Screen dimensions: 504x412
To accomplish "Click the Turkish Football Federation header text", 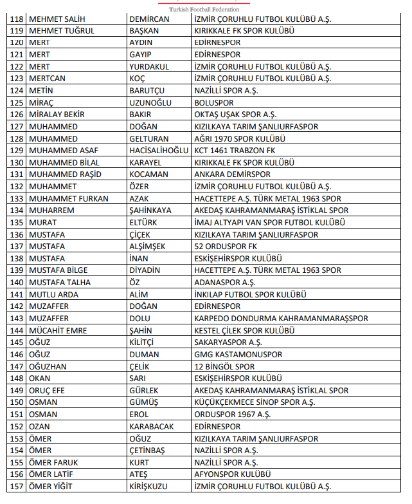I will point(204,10).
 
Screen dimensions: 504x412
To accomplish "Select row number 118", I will point(17,19).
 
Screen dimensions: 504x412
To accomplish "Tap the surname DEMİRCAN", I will point(149,19).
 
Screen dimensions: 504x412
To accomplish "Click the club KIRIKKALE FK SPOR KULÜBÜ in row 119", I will point(244,31).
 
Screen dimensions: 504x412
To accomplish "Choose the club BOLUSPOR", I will point(214,102).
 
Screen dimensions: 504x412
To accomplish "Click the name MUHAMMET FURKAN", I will point(69,198).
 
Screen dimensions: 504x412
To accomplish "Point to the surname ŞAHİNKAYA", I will point(150,210).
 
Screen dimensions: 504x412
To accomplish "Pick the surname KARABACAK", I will point(152,426).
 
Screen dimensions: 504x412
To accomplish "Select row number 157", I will point(17,486).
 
